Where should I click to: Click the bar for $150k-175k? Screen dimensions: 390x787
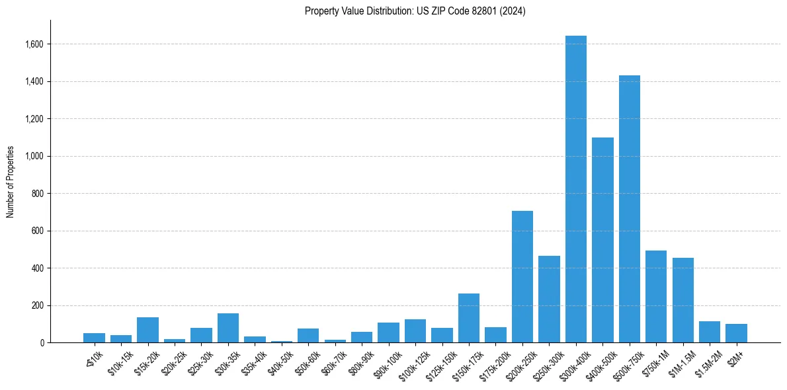pos(469,318)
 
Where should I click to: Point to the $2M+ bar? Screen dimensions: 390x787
pos(736,333)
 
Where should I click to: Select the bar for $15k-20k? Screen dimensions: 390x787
pos(147,330)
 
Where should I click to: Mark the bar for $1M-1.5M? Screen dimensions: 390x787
pos(683,300)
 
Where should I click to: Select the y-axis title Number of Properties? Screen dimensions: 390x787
pos(11,181)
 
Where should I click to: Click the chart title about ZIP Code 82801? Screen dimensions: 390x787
pos(415,11)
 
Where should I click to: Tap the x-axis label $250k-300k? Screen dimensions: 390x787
pos(546,360)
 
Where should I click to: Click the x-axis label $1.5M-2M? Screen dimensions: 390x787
pos(706,361)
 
